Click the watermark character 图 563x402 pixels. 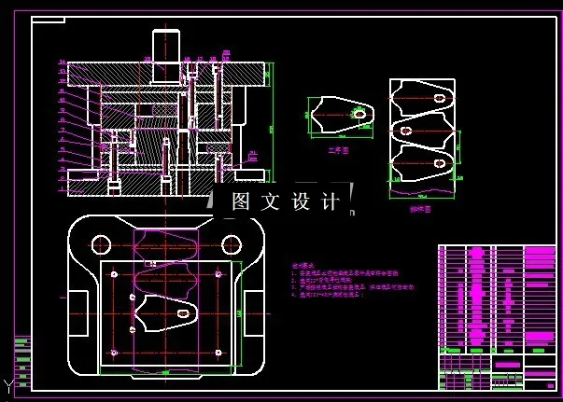tap(241, 201)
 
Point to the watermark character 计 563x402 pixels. tap(330, 201)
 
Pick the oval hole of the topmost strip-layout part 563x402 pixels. tap(438, 96)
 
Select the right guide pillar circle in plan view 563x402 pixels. tap(229, 243)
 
